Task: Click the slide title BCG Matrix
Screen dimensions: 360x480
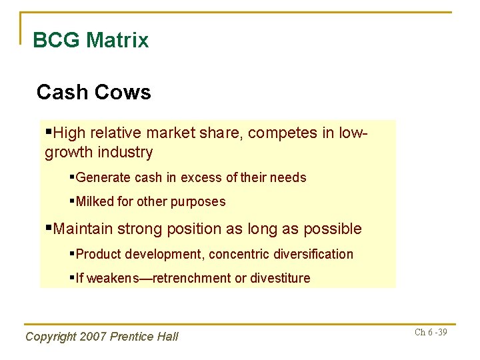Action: pyautogui.click(x=91, y=40)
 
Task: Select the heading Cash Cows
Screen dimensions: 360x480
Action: pyautogui.click(x=94, y=92)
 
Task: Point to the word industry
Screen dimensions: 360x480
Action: pyautogui.click(x=123, y=152)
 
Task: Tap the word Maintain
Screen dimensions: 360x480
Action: pyautogui.click(x=84, y=229)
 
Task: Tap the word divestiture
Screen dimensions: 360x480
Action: pyautogui.click(x=280, y=278)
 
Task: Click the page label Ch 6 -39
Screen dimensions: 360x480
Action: pyautogui.click(x=431, y=332)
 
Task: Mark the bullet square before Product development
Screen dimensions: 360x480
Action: pyautogui.click(x=73, y=253)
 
